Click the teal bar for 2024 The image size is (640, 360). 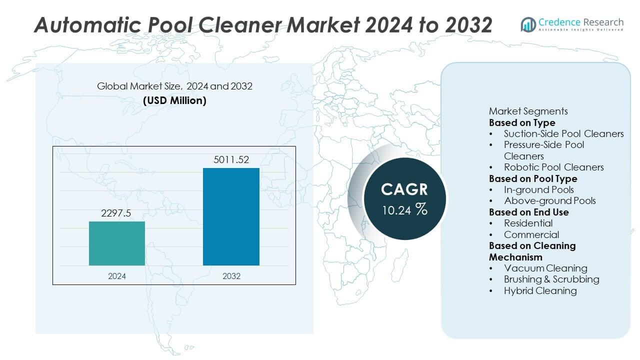(117, 243)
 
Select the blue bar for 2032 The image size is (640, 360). (231, 216)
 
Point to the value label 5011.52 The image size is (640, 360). (231, 160)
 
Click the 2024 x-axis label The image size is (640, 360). (117, 276)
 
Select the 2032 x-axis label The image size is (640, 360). (231, 276)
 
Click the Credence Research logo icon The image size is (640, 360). (528, 24)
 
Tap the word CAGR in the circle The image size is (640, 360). (404, 189)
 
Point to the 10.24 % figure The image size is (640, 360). (404, 210)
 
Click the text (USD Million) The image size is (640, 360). (174, 100)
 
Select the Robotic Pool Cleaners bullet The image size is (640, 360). (553, 167)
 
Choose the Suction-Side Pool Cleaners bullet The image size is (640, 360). (563, 133)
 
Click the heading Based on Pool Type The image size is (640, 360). (532, 178)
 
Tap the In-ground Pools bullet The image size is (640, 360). (538, 189)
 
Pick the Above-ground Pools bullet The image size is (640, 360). (549, 201)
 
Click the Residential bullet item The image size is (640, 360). (528, 223)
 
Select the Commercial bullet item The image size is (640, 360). (531, 234)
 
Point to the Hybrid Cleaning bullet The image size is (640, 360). (540, 290)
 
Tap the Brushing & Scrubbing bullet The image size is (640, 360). (551, 279)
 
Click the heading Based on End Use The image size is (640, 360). (528, 212)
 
